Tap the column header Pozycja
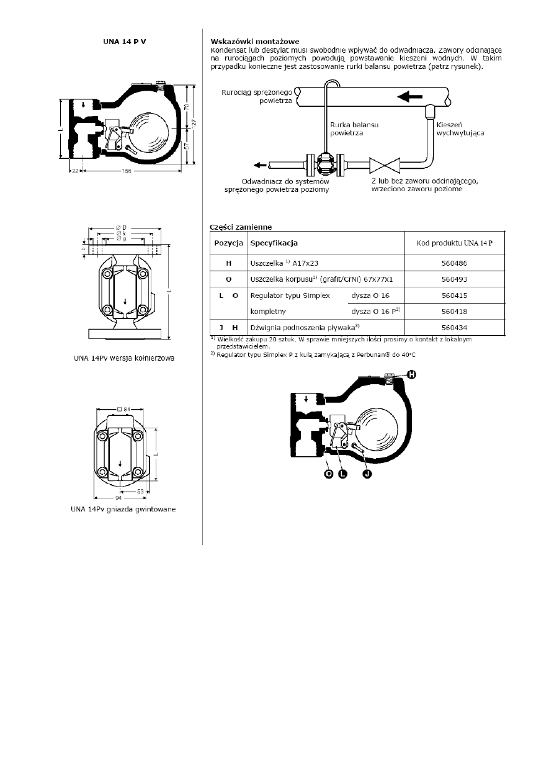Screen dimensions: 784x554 (228, 241)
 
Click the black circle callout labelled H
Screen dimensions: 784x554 (411, 374)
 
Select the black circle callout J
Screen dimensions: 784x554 (367, 474)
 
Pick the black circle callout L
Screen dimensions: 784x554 (342, 474)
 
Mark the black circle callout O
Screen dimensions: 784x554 (328, 474)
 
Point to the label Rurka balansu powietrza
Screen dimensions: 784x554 (346, 128)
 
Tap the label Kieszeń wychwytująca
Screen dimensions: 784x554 (460, 128)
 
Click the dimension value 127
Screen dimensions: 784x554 (194, 124)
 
